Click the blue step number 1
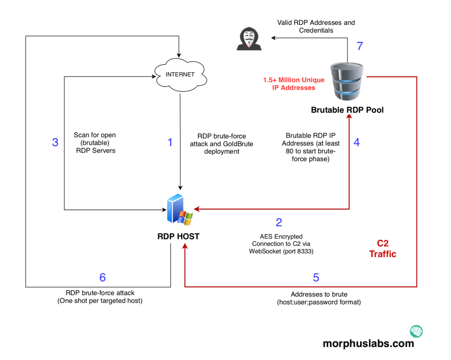[x=170, y=142]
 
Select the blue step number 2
[x=279, y=222]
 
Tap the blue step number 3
[x=55, y=142]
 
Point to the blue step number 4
[x=357, y=142]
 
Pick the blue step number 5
[x=316, y=278]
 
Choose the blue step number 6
[x=102, y=278]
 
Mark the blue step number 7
[x=360, y=46]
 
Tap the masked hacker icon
[x=249, y=38]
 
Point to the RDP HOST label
[x=178, y=236]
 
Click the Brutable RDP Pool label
[x=347, y=110]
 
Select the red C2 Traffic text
[x=382, y=249]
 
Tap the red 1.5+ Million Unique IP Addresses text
[x=294, y=84]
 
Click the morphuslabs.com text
[x=368, y=343]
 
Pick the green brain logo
[x=416, y=331]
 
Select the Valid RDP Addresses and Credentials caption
[x=316, y=26]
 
